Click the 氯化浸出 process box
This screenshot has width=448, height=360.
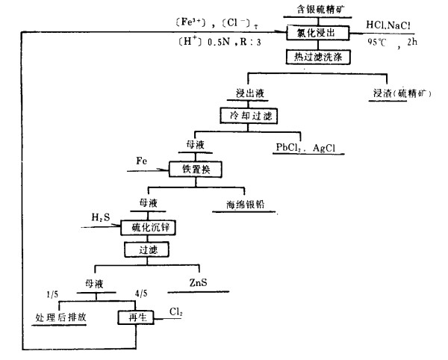[313, 34]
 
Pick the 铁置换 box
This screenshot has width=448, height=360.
[191, 170]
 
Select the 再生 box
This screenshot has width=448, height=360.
[133, 317]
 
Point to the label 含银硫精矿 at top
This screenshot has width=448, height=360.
[313, 10]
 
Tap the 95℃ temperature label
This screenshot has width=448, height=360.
[377, 42]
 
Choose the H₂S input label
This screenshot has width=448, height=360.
[100, 217]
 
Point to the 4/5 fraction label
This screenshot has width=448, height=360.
[137, 293]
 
